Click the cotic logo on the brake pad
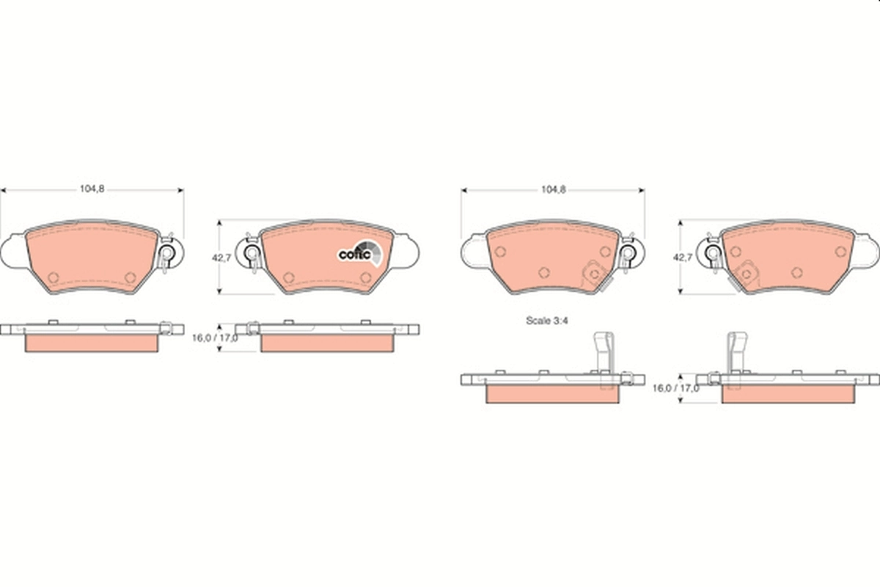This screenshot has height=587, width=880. [x=359, y=253]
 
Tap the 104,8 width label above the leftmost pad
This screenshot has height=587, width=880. [x=92, y=189]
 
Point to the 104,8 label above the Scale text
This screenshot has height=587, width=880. [x=553, y=189]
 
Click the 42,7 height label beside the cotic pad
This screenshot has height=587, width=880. [x=221, y=258]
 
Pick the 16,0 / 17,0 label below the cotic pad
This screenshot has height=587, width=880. [x=214, y=338]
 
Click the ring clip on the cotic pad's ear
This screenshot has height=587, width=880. [x=253, y=255]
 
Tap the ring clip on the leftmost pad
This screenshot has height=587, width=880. [x=166, y=255]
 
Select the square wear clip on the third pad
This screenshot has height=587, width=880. [x=593, y=275]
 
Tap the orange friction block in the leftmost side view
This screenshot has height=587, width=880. [x=92, y=343]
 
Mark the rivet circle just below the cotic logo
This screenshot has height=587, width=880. [x=365, y=277]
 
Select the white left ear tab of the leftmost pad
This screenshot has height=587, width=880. [x=12, y=252]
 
